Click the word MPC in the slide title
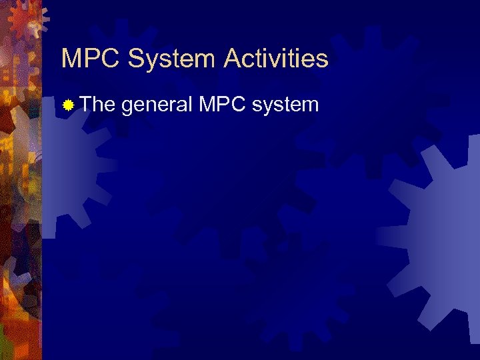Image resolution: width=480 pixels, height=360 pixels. click(91, 59)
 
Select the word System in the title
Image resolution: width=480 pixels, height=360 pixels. click(172, 59)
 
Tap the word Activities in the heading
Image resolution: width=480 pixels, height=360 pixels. click(277, 59)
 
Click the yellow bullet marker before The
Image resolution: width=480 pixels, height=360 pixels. click(67, 105)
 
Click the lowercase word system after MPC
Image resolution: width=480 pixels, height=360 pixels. click(287, 105)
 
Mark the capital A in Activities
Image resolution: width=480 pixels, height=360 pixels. click(233, 59)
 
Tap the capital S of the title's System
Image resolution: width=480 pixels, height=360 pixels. click(137, 59)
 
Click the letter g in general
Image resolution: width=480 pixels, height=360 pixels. click(127, 106)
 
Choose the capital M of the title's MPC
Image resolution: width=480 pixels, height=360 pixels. click(72, 59)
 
